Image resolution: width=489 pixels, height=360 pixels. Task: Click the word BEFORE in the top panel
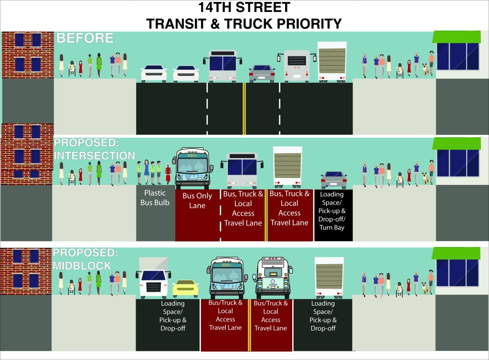[x=85, y=38]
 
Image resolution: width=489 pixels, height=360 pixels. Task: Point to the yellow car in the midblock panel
[x=185, y=288]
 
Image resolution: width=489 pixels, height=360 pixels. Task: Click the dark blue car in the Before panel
[x=262, y=73]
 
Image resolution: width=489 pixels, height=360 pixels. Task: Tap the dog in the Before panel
[x=425, y=69]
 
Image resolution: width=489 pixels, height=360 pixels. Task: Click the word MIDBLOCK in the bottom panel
[x=83, y=266]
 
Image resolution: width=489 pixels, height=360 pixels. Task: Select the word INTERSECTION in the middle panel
[x=94, y=156]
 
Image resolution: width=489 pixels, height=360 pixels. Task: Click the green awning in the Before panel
[x=456, y=37]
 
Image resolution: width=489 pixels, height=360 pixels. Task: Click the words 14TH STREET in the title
[x=244, y=8]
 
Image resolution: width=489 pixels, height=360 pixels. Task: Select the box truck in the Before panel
[x=331, y=61]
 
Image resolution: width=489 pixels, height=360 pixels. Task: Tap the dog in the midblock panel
[x=424, y=286]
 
